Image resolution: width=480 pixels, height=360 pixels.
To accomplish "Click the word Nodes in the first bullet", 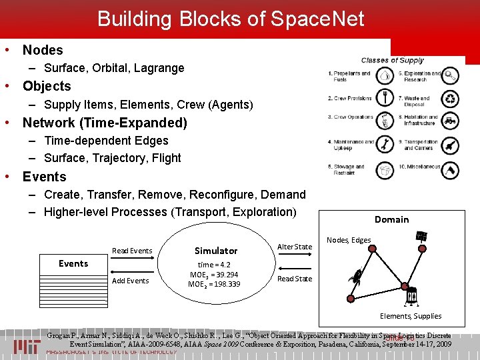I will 43,50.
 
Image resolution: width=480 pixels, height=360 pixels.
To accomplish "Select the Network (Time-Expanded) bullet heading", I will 105,123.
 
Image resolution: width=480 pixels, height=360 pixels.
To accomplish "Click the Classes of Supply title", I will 392,61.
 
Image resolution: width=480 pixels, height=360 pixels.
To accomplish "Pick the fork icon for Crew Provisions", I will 385,98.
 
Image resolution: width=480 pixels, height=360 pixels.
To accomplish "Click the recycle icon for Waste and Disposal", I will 451,99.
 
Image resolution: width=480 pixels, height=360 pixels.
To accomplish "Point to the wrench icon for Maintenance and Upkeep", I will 385,144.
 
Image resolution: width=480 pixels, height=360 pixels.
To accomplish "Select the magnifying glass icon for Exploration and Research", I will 451,75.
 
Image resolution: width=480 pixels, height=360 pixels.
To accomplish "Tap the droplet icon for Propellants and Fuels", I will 385,75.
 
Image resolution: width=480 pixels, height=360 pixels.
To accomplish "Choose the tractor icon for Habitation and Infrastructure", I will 451,121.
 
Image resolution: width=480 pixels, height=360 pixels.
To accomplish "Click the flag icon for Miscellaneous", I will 451,170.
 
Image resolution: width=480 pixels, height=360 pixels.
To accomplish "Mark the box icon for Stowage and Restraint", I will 385,170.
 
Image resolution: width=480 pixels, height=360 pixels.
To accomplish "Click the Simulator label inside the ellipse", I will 215,251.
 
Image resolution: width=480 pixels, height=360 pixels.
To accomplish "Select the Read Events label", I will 132,251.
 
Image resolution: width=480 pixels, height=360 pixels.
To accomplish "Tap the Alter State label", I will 294,247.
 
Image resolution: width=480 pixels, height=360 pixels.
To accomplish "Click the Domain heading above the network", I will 391,219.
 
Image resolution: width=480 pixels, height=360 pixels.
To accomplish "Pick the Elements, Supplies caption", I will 410,316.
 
